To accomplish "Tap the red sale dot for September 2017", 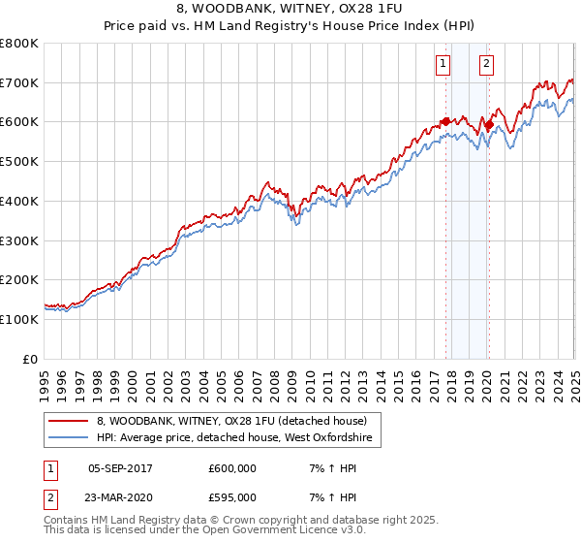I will click(x=446, y=121).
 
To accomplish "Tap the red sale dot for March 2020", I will click(x=490, y=124).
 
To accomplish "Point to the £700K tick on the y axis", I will click(x=19, y=83).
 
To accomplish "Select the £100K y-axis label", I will click(x=19, y=319).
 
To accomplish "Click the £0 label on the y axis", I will click(x=29, y=359).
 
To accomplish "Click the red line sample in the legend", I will click(x=67, y=422).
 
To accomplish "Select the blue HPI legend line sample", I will click(x=67, y=438).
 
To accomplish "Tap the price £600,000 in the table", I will click(x=230, y=467).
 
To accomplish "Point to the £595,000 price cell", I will click(x=230, y=496).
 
